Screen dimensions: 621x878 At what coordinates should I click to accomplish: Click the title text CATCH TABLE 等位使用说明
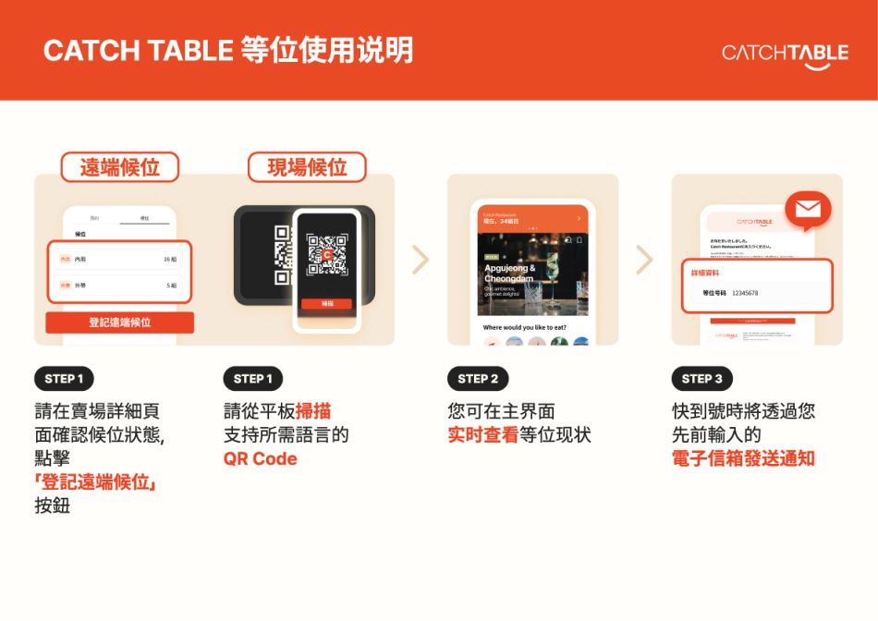coord(228,50)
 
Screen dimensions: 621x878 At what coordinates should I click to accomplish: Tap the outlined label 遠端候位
coord(119,167)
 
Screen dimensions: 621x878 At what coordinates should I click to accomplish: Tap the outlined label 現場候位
coord(307,167)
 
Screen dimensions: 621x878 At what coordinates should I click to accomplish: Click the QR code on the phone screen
coord(326,254)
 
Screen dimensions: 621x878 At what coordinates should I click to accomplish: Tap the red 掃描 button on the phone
coord(327,303)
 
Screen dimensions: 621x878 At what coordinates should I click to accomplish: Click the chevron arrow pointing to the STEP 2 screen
coord(421,260)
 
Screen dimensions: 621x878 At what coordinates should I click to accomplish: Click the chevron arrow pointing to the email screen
coord(644,260)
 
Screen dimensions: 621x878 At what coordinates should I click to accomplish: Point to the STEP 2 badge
coord(478,379)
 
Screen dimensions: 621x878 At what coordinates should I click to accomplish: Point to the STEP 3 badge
coord(701,379)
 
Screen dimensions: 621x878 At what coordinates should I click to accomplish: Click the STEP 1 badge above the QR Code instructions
coord(252,379)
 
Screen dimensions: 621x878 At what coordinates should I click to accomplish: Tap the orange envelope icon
coord(807,212)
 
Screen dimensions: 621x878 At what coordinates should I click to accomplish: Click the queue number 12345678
coord(744,293)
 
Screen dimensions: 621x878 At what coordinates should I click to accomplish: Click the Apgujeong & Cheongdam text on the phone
coord(509,273)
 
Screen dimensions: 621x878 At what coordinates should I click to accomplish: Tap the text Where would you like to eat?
coord(525,327)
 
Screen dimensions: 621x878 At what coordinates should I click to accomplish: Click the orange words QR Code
coord(260,458)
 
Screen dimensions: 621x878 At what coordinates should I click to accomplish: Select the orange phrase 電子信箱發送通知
coord(742,458)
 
